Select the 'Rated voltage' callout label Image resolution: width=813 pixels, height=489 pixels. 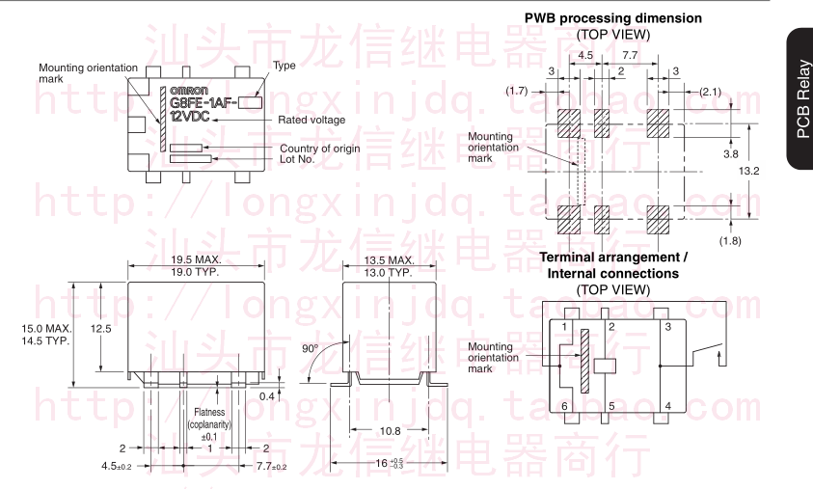(311, 120)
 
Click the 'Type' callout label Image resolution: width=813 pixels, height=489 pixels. (285, 66)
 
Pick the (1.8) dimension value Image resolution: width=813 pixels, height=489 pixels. (730, 239)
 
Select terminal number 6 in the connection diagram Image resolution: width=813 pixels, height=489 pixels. (564, 406)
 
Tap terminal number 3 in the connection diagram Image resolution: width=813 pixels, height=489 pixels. (668, 328)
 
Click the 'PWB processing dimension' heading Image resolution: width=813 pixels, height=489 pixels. (612, 18)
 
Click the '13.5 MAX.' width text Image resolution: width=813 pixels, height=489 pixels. (390, 260)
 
